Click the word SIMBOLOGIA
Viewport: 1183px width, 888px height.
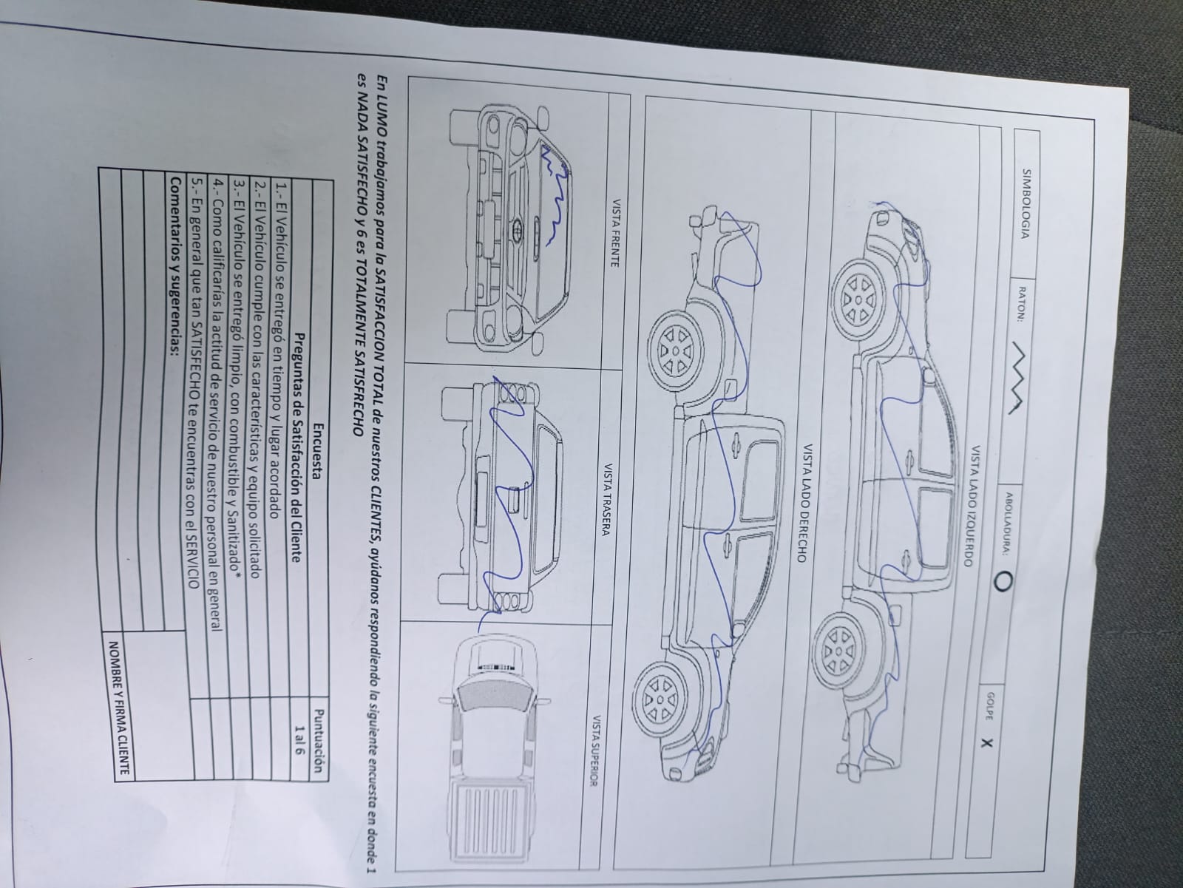coord(1026,204)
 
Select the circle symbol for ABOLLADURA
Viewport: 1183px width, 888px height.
coord(1002,581)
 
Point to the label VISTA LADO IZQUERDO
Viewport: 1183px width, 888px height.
coord(973,506)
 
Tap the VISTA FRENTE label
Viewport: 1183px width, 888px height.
coord(614,233)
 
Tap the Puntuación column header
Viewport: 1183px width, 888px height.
coord(319,740)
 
